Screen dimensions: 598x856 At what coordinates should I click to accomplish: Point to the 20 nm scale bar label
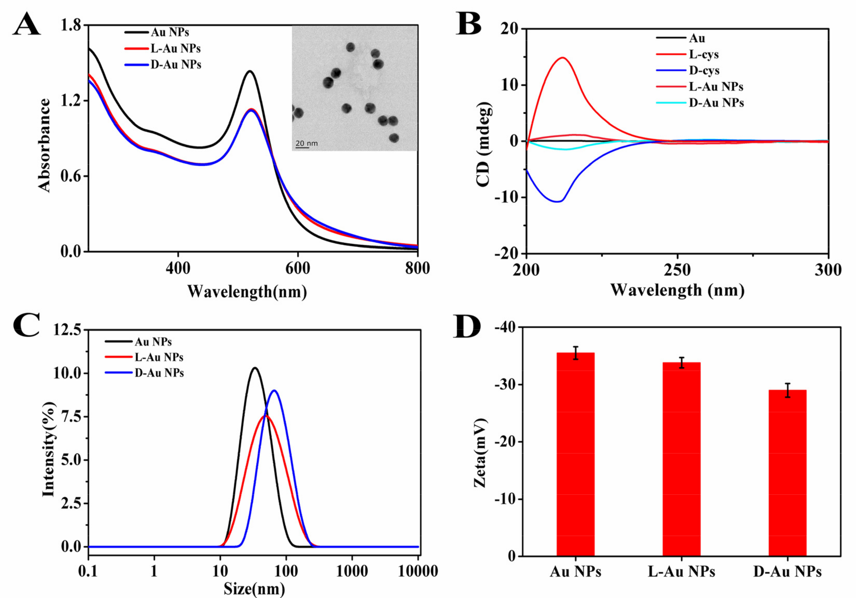coord(306,143)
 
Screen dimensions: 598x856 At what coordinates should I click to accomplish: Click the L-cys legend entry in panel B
coord(703,55)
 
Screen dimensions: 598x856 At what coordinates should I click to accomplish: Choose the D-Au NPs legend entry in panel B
coord(716,103)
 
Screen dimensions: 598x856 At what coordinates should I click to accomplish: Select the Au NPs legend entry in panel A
coord(170,32)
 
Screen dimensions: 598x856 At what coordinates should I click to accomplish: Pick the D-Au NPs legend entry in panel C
coord(159,373)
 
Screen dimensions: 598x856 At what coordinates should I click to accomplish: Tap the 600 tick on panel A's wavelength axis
coord(298,268)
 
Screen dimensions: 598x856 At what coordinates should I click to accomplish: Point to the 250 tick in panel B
coord(677,270)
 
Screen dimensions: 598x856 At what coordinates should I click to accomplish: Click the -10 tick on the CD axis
coord(507,197)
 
